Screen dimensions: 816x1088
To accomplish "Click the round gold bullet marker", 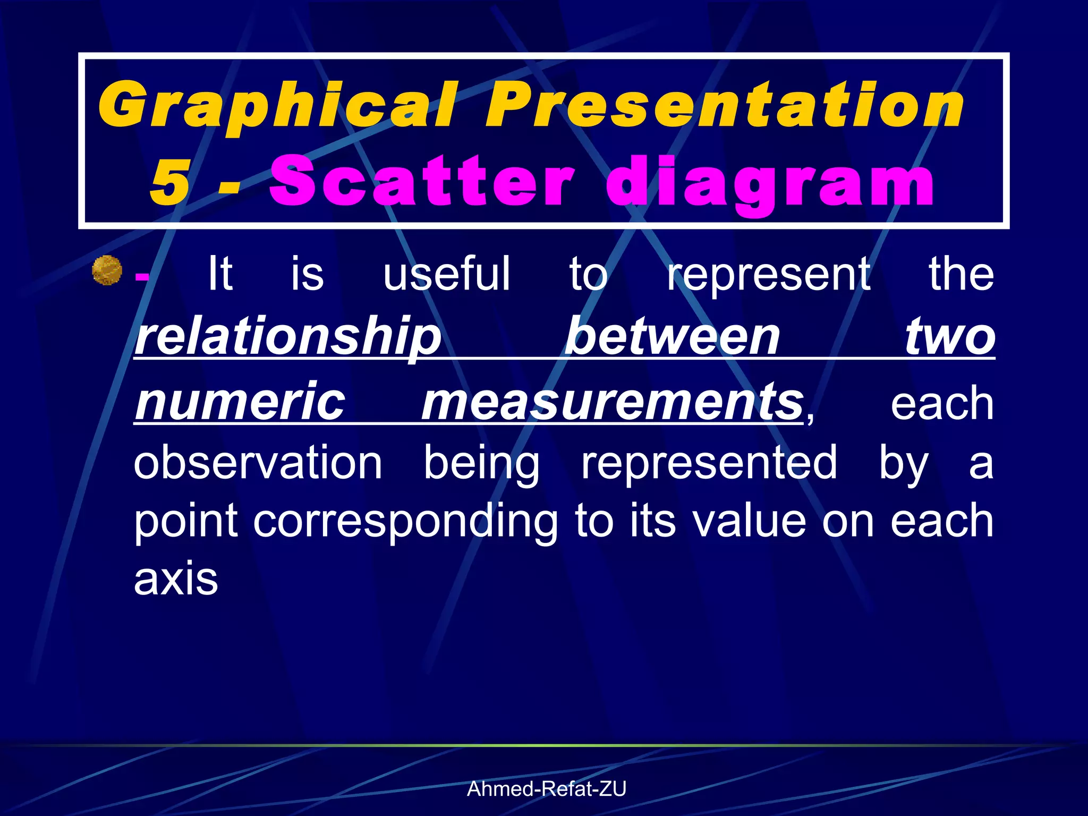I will click(107, 270).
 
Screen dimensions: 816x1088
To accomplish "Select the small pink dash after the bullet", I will click(142, 276).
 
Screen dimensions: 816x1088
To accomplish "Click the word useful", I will click(447, 274).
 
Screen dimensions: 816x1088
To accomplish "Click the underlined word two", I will click(950, 337).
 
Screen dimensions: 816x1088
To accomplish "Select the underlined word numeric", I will click(240, 401).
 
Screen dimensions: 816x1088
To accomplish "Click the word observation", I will click(258, 462).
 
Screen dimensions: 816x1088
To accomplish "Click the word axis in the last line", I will click(176, 579).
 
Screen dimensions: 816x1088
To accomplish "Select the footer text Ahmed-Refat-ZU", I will click(546, 789).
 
